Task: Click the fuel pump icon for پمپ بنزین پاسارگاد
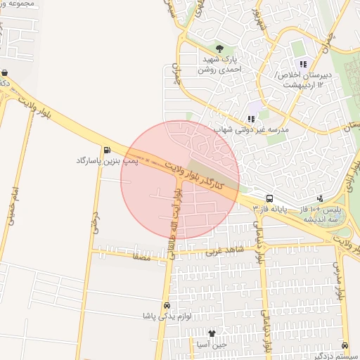[107, 149]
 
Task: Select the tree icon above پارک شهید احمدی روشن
[219, 49]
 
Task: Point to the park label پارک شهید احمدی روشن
[219, 65]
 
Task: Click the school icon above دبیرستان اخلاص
[303, 64]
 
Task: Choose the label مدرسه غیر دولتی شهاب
[252, 130]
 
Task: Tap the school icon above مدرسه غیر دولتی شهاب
[251, 120]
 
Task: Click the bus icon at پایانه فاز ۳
[269, 199]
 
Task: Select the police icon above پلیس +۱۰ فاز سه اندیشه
[320, 199]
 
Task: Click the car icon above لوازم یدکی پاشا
[166, 306]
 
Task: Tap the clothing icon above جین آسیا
[212, 333]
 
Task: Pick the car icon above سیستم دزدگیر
[345, 345]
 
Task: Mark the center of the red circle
[180, 180]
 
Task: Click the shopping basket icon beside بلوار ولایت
[5, 72]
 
